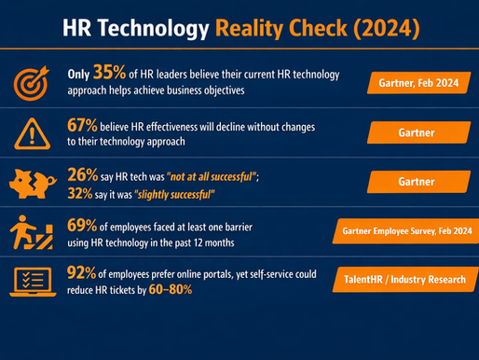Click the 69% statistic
click(83, 227)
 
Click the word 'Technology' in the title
click(157, 28)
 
